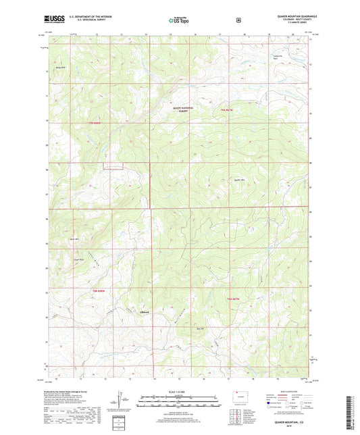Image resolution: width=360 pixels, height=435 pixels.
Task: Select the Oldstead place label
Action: click(x=144, y=311)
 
